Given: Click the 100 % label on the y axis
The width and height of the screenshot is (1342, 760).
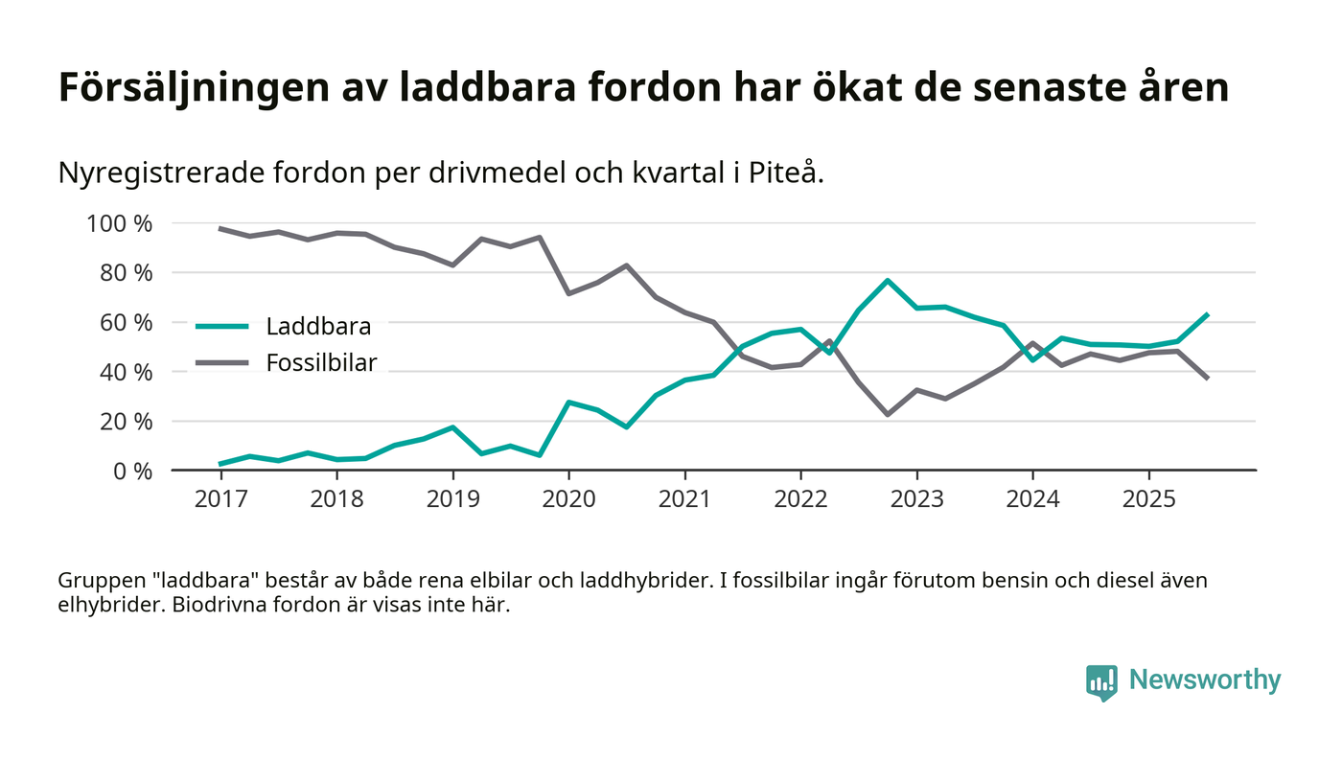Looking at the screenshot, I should pos(120,224).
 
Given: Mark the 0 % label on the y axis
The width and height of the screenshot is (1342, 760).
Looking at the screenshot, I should pos(131,472).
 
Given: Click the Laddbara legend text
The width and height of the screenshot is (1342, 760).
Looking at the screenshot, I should pos(318,327).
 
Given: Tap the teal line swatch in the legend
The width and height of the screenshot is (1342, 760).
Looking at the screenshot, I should pos(223,327).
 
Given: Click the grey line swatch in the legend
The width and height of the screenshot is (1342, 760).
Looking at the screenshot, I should pos(223,362).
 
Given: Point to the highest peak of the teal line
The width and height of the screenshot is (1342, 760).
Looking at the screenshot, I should pos(888,281).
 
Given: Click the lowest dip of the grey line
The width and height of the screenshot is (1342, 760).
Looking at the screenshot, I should pos(888,414).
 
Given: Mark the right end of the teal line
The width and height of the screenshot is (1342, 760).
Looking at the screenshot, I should pos(1207,314).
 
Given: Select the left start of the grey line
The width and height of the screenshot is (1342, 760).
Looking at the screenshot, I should pos(220,229).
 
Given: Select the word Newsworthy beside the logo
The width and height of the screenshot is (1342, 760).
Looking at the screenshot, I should pos(1204,680).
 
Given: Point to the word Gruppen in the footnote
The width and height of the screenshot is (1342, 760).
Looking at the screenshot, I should pos(95,581).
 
